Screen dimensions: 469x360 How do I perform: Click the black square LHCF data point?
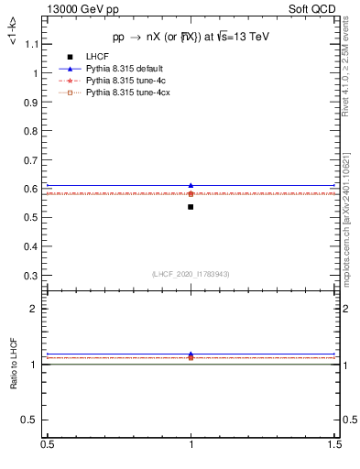(x=191, y=207)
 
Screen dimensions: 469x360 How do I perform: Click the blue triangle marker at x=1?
(x=191, y=185)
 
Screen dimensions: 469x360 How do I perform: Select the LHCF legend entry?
(x=94, y=58)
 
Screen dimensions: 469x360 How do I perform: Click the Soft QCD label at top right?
(x=312, y=9)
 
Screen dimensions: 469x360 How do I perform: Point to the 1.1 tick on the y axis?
(x=32, y=44)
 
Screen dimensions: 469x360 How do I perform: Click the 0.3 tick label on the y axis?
(x=32, y=276)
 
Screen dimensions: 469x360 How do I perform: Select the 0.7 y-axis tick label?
(x=32, y=160)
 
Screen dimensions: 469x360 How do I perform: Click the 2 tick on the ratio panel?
(x=36, y=309)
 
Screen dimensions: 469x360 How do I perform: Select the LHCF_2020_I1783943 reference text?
(x=191, y=274)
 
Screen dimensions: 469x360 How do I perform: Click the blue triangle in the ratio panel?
(x=191, y=354)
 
